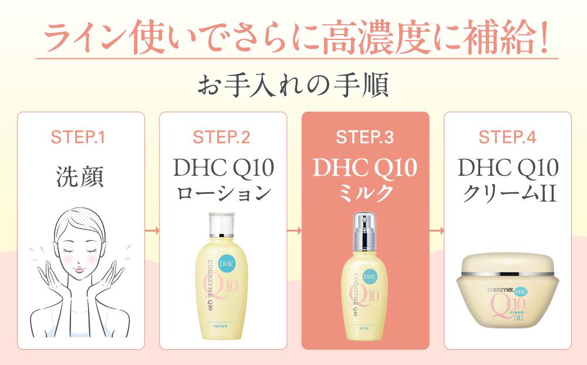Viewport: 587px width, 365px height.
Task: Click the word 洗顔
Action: pyautogui.click(x=80, y=177)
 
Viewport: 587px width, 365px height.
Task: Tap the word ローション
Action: pyautogui.click(x=223, y=193)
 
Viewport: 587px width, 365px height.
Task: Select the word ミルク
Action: pyautogui.click(x=365, y=193)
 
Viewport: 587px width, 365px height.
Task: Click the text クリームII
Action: pyautogui.click(x=508, y=193)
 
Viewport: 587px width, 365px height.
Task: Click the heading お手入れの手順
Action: pyautogui.click(x=293, y=86)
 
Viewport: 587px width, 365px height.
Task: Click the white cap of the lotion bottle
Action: pyautogui.click(x=222, y=223)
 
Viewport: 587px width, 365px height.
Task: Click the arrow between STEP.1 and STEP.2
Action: pyautogui.click(x=153, y=231)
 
